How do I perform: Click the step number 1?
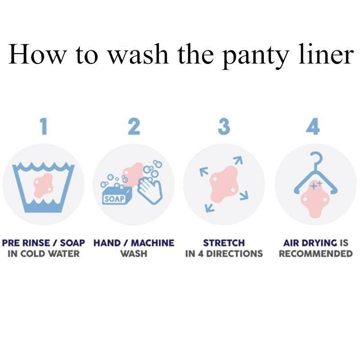[44, 126]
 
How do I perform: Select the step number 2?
[134, 126]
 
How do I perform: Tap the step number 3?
[224, 126]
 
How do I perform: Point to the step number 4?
[313, 126]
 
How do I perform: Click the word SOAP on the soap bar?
[114, 199]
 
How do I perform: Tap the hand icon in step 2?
[150, 189]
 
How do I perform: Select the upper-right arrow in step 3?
[238, 160]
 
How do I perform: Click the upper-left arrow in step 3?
[204, 171]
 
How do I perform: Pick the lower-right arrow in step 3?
[244, 195]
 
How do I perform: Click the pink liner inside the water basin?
[43, 185]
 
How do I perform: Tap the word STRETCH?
[224, 243]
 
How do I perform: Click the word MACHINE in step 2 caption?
[153, 243]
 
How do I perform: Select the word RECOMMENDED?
[316, 254]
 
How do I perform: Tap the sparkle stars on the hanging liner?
[316, 184]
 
